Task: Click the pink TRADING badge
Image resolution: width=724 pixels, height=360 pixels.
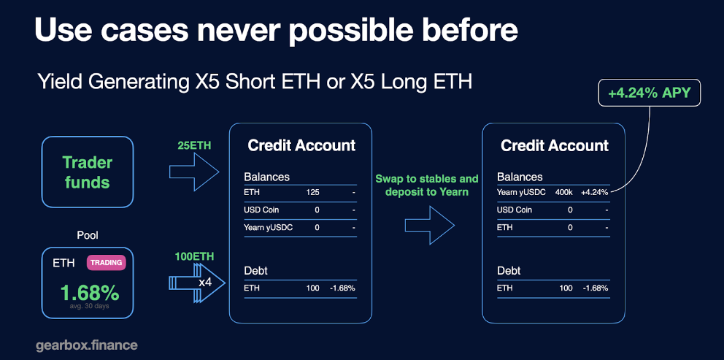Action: click(107, 262)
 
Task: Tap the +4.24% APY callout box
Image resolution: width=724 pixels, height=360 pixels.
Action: click(649, 93)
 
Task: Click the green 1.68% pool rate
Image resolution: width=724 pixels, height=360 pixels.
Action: click(90, 293)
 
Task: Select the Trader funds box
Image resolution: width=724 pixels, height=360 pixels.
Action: click(88, 172)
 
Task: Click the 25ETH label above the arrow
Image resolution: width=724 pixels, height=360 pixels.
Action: click(193, 145)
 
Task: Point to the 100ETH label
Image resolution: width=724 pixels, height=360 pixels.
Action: click(194, 256)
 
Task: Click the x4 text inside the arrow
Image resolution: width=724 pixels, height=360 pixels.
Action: click(205, 282)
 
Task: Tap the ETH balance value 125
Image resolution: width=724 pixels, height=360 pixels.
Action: click(312, 192)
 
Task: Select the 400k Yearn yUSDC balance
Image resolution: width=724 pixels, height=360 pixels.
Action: click(563, 192)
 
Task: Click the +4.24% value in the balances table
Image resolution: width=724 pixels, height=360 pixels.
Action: click(594, 192)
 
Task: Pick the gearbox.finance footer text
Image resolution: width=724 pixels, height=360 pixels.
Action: click(87, 345)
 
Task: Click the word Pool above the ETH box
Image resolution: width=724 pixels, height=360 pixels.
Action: click(88, 236)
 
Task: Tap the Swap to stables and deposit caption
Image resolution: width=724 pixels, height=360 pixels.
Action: click(427, 185)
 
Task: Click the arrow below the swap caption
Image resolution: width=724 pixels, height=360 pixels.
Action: click(430, 225)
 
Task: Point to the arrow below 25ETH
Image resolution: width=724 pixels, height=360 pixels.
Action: click(194, 172)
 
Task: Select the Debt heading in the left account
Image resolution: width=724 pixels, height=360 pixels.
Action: click(255, 270)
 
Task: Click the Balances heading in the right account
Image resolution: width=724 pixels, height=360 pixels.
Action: click(520, 177)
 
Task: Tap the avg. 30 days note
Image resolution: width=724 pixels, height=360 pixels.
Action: click(88, 305)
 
